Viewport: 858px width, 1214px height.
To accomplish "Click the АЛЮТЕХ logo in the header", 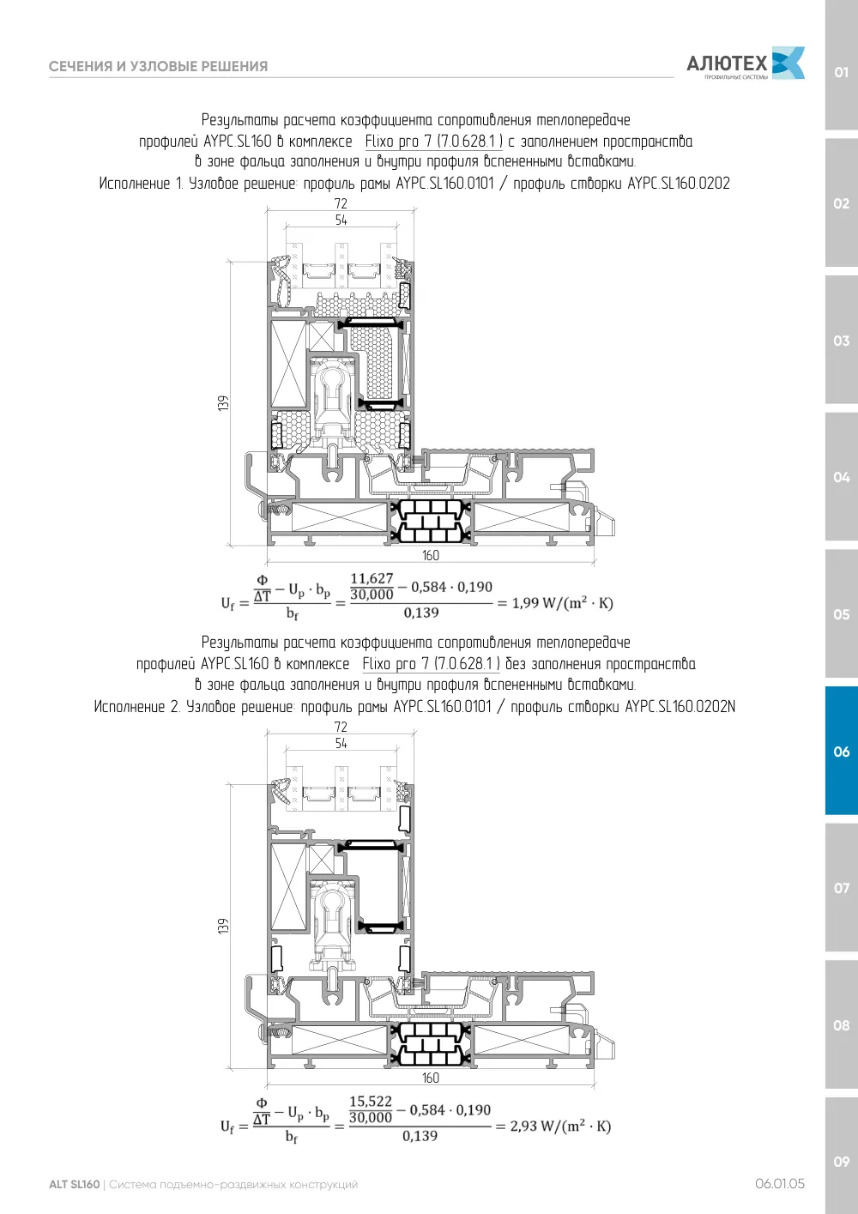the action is pyautogui.click(x=746, y=63).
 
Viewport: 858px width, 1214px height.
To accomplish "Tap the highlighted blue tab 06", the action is pyautogui.click(x=841, y=751).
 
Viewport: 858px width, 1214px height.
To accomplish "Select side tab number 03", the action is pyautogui.click(x=841, y=341).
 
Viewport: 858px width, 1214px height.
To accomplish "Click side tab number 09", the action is pyautogui.click(x=841, y=1161).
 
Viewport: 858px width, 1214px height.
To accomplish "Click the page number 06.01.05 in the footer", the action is pyautogui.click(x=780, y=1184).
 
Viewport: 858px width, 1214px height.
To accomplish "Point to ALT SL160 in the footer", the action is pyautogui.click(x=75, y=1184).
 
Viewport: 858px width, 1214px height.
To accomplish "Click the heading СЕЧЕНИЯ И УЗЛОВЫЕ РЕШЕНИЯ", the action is pyautogui.click(x=158, y=66).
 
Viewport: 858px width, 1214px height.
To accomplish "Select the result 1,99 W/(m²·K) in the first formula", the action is pyautogui.click(x=563, y=602).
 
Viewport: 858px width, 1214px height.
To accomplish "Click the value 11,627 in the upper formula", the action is pyautogui.click(x=372, y=578).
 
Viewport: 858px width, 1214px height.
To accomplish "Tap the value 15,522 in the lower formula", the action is pyautogui.click(x=370, y=1102).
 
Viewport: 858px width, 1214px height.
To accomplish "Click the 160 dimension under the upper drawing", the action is pyautogui.click(x=431, y=555).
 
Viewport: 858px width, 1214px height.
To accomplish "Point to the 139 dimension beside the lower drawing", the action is pyautogui.click(x=223, y=927).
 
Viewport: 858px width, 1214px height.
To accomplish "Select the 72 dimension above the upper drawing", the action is pyautogui.click(x=341, y=203).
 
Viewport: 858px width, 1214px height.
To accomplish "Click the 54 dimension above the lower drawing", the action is pyautogui.click(x=341, y=743).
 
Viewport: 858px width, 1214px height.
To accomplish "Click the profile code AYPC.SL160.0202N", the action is pyautogui.click(x=680, y=707).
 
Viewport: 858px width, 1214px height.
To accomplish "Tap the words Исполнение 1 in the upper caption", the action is pyautogui.click(x=142, y=184).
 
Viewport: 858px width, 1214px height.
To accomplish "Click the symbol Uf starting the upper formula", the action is pyautogui.click(x=227, y=603).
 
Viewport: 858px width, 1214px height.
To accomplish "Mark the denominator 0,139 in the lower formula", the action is pyautogui.click(x=420, y=1136).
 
